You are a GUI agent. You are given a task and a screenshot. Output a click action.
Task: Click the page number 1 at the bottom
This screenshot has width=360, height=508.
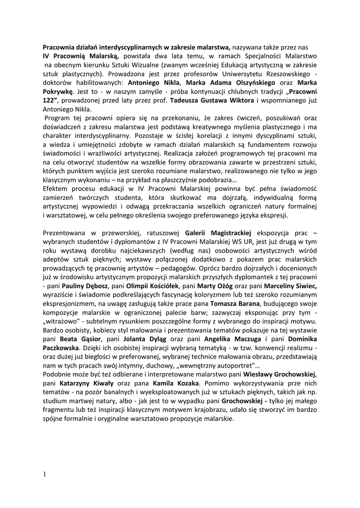44,474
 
